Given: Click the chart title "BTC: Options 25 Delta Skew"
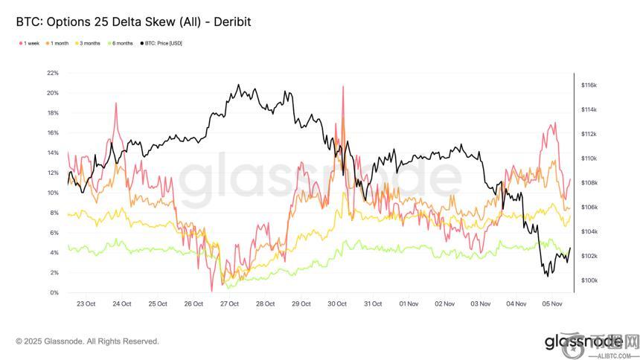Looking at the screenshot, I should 133,22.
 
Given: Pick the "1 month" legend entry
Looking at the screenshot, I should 59,43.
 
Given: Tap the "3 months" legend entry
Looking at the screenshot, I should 90,43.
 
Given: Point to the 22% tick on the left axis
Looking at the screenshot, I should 52,73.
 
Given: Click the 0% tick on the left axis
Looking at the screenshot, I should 54,292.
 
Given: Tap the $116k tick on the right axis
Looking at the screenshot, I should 589,86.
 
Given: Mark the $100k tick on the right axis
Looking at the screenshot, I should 589,280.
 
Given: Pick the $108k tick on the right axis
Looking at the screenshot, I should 589,183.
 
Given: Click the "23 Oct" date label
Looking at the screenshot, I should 86,303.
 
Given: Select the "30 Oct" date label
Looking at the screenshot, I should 337,303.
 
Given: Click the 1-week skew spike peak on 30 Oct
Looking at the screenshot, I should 343,86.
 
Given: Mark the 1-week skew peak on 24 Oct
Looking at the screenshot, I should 117,103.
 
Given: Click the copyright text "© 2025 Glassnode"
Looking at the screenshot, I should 87,341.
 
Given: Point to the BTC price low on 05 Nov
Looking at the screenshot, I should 547,277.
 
